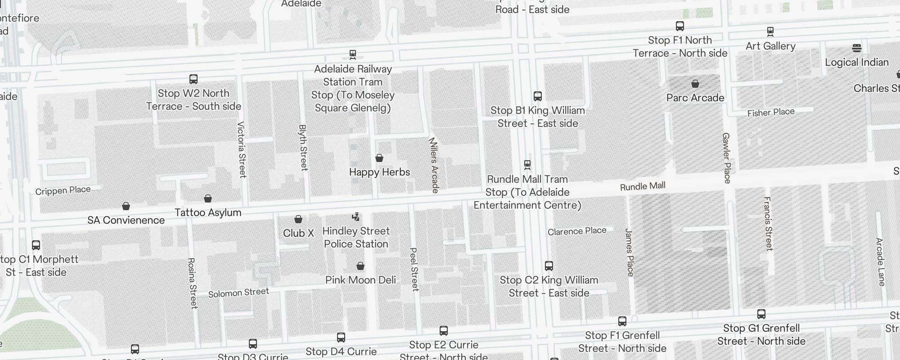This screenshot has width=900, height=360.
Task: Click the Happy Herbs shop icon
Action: pos(379,158)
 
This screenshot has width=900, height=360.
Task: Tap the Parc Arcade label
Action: pos(695,98)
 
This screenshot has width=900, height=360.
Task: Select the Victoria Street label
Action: pos(242,149)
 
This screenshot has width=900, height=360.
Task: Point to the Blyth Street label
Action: pos(303,148)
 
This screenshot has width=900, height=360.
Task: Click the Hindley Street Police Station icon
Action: pos(356,217)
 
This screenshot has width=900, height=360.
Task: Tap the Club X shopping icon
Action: pos(298,219)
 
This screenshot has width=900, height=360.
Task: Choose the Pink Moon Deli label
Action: pos(360,280)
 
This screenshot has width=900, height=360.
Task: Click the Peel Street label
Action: pos(414,269)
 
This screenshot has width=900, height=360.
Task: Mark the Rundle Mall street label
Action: pos(643,186)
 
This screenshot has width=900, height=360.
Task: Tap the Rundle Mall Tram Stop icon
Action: pos(527,165)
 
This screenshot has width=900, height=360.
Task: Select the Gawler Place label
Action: pos(726,158)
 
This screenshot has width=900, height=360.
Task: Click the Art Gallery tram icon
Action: pos(770,31)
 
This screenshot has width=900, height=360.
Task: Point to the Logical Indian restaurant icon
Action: pos(857,48)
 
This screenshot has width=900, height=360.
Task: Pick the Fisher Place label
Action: pos(771,112)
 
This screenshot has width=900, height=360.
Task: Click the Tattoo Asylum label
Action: pos(208,212)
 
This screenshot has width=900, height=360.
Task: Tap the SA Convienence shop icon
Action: pos(126,206)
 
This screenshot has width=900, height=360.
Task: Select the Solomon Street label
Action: pos(238,292)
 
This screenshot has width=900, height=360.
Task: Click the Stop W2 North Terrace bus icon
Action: pos(193,79)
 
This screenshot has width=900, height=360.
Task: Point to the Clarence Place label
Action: pos(577,231)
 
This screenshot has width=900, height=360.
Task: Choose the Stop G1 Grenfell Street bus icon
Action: pos(761,314)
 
